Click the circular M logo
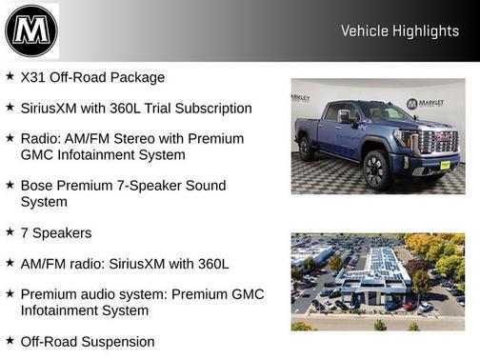click(x=31, y=30)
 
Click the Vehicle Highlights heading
click(x=400, y=31)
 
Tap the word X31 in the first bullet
click(x=34, y=77)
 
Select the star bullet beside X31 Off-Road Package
click(x=10, y=76)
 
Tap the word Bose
click(x=37, y=185)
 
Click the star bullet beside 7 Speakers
click(x=10, y=230)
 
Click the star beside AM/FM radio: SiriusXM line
click(x=10, y=261)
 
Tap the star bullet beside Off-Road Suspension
click(x=10, y=340)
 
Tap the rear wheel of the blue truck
click(x=306, y=148)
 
